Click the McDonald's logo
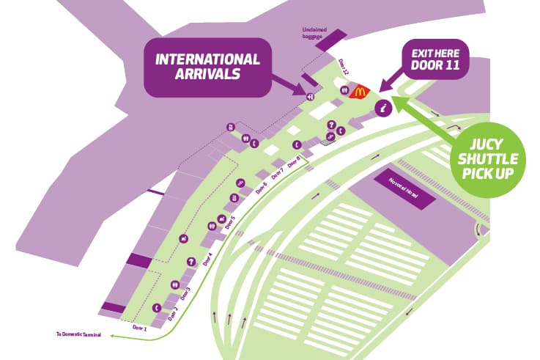click(359, 92)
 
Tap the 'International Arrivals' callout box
click(207, 67)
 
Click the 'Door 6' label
click(261, 187)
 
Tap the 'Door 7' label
click(278, 174)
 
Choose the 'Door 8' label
click(295, 162)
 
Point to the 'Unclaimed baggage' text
click(313, 33)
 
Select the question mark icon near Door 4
click(191, 260)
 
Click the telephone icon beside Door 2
click(157, 308)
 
